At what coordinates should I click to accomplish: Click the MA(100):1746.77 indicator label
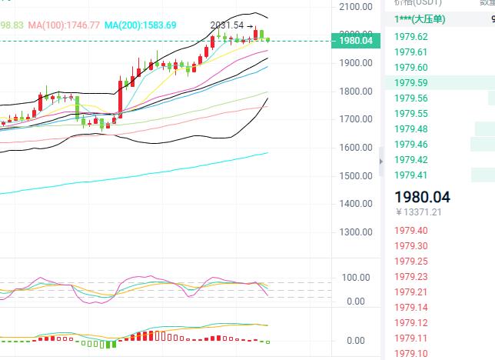coord(64,25)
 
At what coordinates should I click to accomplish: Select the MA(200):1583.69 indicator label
coord(141,25)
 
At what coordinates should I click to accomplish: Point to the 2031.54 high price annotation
coord(227,25)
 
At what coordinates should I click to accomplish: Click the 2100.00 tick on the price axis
coord(355,7)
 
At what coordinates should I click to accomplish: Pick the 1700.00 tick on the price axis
coord(355,119)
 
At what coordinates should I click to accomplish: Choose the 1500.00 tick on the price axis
coord(355,175)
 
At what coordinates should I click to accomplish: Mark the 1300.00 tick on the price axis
coord(355,232)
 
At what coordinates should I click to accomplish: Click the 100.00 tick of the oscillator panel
coord(354,277)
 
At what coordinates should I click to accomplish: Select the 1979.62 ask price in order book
coord(410,36)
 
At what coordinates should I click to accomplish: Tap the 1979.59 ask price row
coord(410,82)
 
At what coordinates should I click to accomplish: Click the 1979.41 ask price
coord(410,175)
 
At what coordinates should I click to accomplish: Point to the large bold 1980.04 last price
coord(422,197)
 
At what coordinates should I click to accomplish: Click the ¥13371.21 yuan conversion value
coord(420,212)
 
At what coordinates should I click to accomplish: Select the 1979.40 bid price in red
coord(410,230)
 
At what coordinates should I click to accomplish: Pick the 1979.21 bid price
coord(410,292)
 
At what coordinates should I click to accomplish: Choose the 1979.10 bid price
coord(410,353)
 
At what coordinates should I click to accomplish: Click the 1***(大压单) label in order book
coord(421,19)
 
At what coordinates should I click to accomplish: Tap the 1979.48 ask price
coord(410,128)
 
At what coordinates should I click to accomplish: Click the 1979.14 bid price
coord(410,307)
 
